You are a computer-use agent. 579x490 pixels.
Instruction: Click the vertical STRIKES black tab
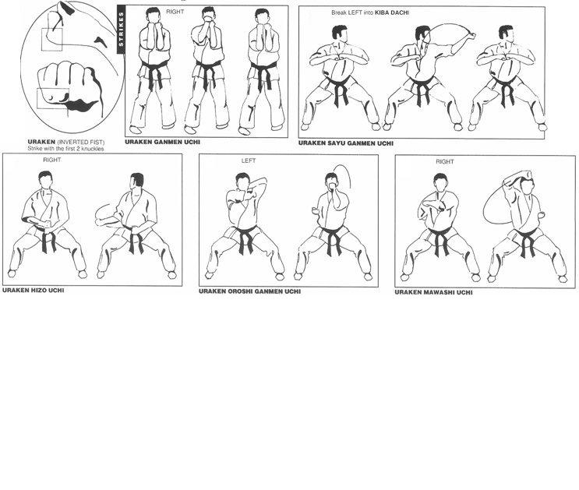coord(121,29)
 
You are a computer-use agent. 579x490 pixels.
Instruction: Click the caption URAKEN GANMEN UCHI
coord(162,142)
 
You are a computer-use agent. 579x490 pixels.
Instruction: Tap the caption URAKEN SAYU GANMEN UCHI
coord(346,143)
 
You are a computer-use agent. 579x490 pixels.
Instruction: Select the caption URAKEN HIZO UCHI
coord(34,291)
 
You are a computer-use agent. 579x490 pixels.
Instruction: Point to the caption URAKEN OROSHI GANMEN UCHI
coord(249,291)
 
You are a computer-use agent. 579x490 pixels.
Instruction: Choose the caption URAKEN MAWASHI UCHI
coord(433,292)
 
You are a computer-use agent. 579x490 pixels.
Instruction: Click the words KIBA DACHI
coord(392,12)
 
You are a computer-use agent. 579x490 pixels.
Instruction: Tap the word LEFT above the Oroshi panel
coord(249,160)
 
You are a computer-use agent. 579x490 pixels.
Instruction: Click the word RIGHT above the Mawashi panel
coord(445,162)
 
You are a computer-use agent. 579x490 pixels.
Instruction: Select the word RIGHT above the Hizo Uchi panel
coord(51,160)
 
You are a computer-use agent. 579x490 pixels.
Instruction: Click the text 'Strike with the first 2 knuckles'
coord(65,149)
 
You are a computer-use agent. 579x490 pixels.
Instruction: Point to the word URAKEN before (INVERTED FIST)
coord(41,142)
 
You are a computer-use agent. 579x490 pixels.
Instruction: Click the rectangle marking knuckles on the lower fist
coord(53,99)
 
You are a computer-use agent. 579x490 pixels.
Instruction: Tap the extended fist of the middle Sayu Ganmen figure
coord(471,36)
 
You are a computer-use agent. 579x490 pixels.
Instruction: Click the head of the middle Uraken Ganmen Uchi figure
coord(208,16)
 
